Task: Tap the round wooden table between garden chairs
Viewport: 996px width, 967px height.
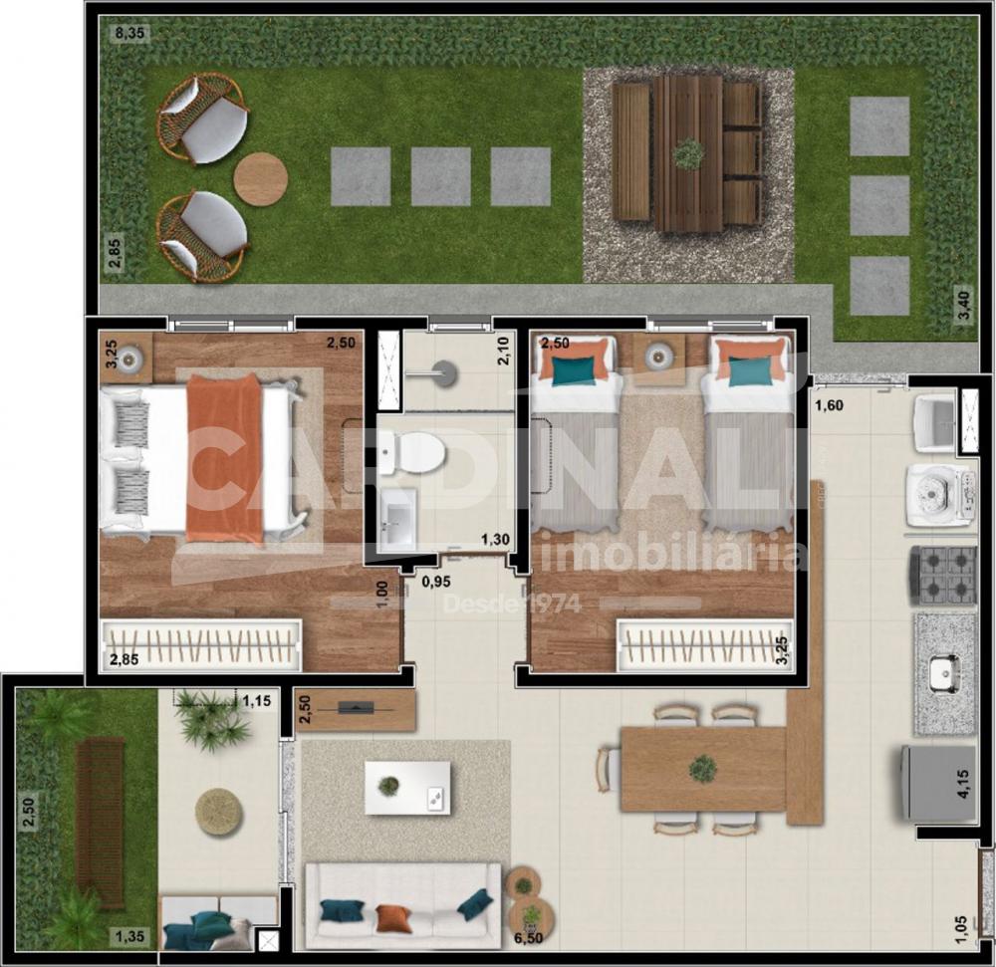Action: coord(260,178)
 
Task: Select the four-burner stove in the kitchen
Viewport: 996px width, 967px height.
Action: coord(943,577)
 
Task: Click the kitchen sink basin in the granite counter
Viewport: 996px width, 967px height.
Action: coord(944,675)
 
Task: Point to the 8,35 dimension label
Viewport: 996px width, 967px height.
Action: coord(130,33)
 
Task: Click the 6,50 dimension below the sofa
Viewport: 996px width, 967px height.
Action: coord(526,937)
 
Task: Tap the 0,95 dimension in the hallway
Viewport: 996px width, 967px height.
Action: coord(436,582)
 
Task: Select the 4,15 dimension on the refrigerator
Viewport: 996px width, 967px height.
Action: coord(964,784)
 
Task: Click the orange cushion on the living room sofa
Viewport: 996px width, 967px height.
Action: coord(393,918)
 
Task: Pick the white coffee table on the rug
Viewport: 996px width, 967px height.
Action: coord(407,788)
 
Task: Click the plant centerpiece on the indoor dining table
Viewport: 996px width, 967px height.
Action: coord(702,769)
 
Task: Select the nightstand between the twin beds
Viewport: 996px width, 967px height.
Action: coord(658,360)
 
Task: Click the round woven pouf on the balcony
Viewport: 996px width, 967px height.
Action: coord(218,814)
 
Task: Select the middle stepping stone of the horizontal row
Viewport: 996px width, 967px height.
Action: coord(440,176)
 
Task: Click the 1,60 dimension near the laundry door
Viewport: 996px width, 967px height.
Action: coord(831,405)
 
